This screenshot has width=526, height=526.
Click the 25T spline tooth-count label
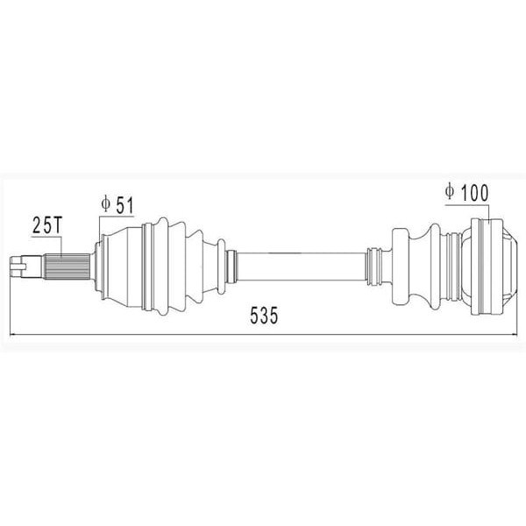pyautogui.click(x=45, y=225)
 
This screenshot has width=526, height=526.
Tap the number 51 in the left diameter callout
pyautogui.click(x=123, y=204)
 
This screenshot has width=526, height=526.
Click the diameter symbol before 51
pyautogui.click(x=104, y=204)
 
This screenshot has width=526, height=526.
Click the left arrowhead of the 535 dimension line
pyautogui.click(x=12, y=334)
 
